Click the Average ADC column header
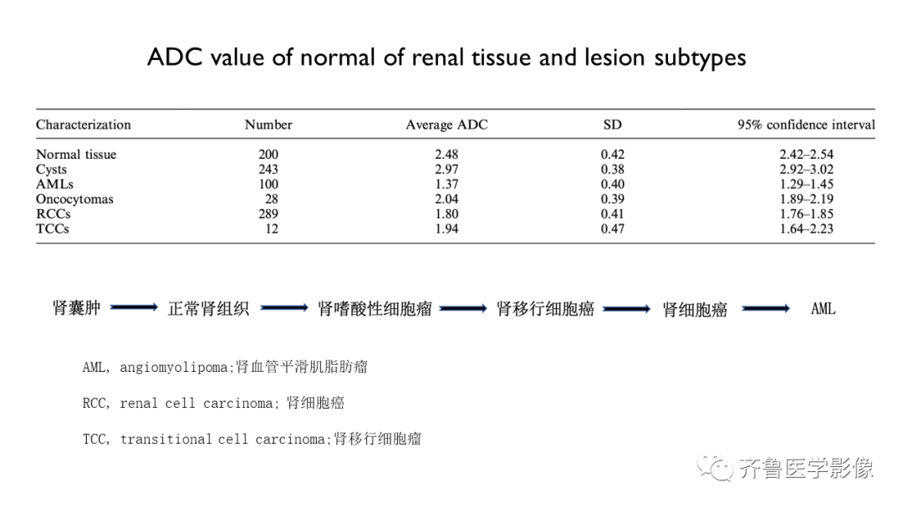446,124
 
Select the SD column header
612,124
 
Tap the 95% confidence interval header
806,124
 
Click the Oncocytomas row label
74,199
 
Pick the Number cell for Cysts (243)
268,169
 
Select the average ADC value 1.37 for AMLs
446,184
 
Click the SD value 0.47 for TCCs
612,229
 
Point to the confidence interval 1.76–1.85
806,214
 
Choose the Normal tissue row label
76,155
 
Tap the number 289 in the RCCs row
268,214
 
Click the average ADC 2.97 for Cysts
446,169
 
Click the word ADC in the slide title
175,58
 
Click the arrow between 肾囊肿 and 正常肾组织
134,307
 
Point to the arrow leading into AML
766,309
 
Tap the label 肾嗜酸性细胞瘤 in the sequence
375,309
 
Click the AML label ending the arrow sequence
823,309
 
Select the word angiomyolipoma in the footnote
173,368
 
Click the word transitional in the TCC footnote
166,439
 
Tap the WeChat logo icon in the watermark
715,466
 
